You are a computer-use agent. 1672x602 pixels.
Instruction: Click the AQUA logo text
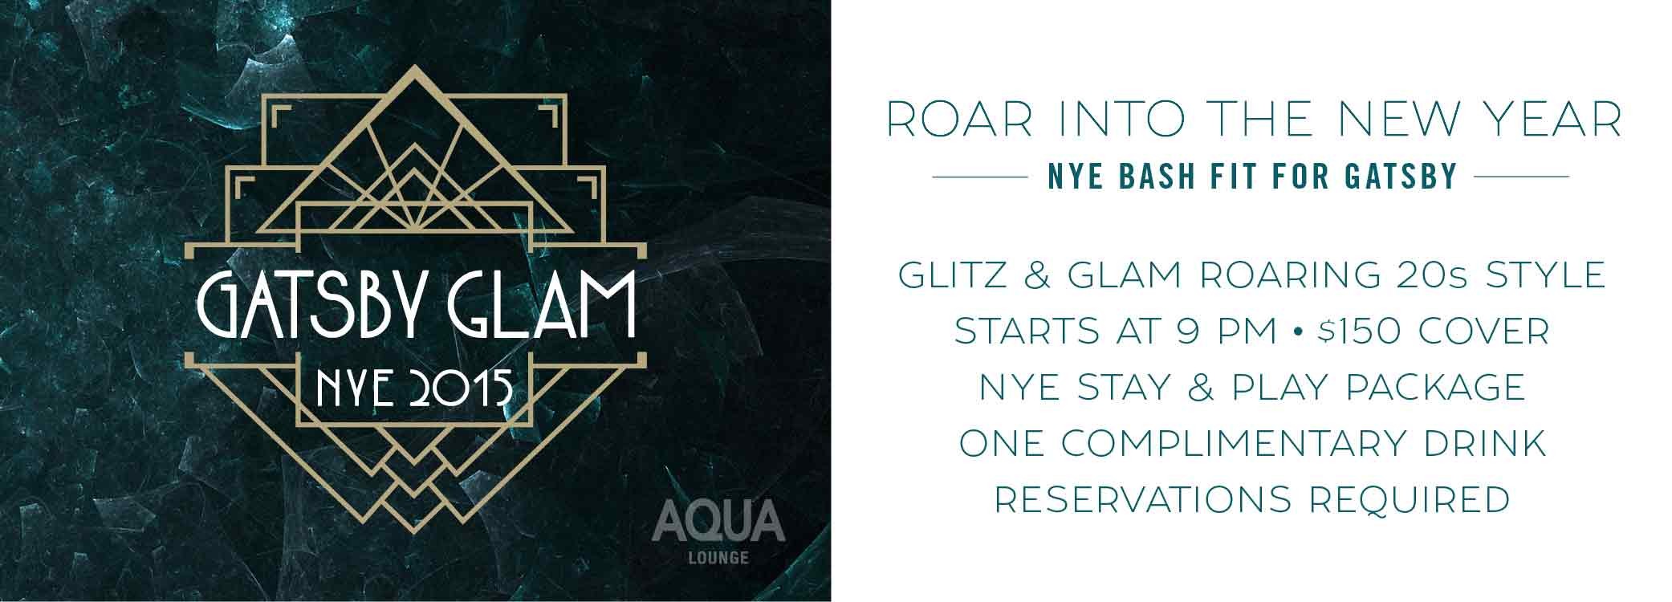(x=718, y=519)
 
